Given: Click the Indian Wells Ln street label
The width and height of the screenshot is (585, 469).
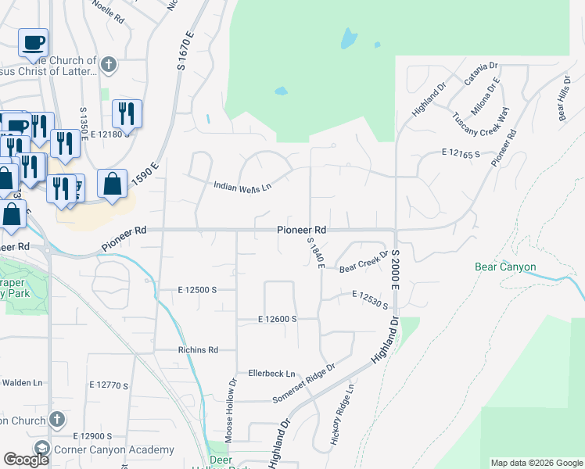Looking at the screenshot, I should click(x=242, y=186).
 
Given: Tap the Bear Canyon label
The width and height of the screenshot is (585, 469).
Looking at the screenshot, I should click(x=505, y=267).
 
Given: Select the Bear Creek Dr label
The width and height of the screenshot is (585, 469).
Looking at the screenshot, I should click(x=364, y=262).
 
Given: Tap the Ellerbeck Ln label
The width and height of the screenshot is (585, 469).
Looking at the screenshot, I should click(x=271, y=374).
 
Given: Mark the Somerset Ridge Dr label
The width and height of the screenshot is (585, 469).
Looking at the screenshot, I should click(x=303, y=383).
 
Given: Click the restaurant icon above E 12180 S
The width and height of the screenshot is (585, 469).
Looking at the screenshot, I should click(x=127, y=114).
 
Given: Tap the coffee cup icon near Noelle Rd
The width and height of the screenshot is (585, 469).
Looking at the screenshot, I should click(x=33, y=43).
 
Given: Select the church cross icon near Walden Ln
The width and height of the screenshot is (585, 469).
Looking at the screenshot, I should click(x=56, y=420).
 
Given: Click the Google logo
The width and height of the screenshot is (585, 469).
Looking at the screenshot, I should click(x=26, y=460).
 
